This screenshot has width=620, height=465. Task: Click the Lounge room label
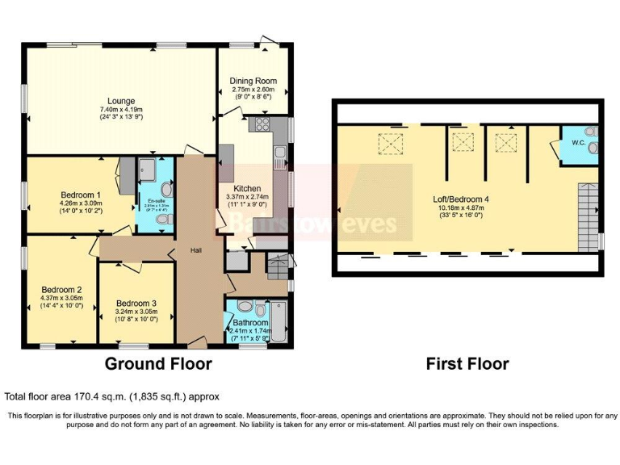[121, 100]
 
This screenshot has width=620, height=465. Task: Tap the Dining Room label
[254, 81]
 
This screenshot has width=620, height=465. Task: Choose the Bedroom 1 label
[81, 195]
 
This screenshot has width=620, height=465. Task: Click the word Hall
[196, 249]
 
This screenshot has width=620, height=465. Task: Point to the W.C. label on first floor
[578, 143]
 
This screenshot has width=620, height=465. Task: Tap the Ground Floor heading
[158, 364]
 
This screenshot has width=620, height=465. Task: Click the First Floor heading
[467, 364]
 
